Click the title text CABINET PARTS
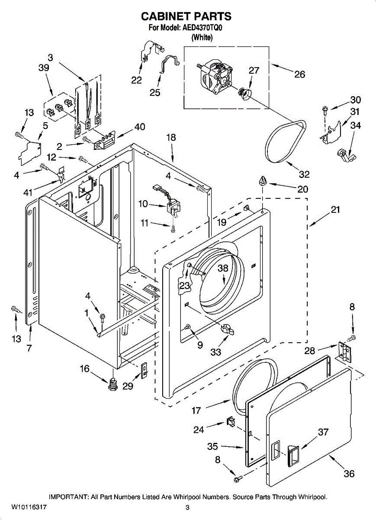coord(186,16)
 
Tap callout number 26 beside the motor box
coord(299,74)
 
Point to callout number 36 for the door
coord(349,474)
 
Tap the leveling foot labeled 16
coord(113,383)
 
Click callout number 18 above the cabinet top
coord(171,137)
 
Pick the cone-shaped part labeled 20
coord(262,181)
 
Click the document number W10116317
coord(29,506)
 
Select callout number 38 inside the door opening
coord(223,268)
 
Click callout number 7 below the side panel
coord(29,348)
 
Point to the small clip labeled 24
coord(230,421)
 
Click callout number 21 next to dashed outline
coord(335,210)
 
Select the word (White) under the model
coord(202,38)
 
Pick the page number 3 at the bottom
coord(187,507)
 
